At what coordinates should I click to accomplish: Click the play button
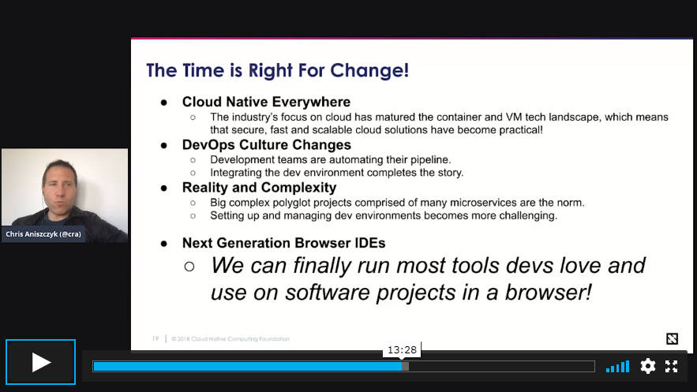pos(40,362)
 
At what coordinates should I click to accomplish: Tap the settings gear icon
pos(647,366)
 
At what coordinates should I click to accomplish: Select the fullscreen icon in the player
pos(671,366)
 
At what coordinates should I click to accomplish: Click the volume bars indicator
pos(618,366)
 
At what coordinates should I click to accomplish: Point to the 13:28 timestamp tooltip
pos(402,350)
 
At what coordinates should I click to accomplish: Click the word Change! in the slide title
pos(369,70)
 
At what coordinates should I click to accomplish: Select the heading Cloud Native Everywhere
pos(266,102)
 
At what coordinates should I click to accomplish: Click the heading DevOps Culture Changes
pos(267,144)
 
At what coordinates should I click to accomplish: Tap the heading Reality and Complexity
pos(259,188)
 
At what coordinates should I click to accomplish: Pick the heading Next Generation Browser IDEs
pos(283,243)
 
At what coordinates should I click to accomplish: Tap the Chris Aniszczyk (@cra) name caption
pos(43,234)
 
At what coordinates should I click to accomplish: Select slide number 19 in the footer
pos(156,338)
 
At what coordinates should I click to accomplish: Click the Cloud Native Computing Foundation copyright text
pos(230,338)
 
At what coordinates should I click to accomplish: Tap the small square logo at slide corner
pos(672,338)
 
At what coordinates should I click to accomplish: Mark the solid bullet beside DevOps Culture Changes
pos(164,145)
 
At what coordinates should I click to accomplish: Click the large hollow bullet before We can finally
pos(189,267)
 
